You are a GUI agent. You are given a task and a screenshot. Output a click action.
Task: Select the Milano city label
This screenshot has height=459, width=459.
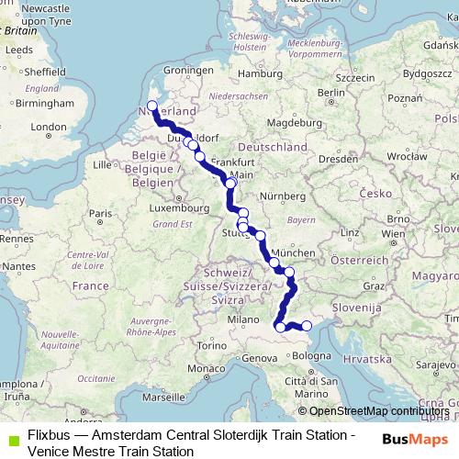[244, 319]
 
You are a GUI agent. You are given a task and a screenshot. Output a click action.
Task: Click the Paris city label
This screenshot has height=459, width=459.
[98, 213]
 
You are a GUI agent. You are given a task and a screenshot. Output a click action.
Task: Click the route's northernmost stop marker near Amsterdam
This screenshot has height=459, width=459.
[152, 106]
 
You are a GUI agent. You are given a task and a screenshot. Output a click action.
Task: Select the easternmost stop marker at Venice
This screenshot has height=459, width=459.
[307, 326]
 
